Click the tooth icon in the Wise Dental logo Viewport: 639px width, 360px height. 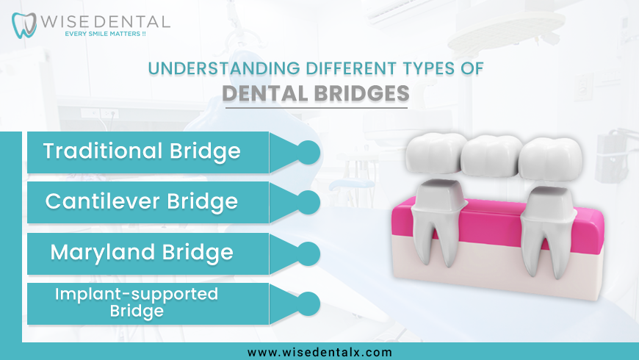pos(24,25)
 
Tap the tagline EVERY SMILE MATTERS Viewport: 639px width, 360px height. pos(105,34)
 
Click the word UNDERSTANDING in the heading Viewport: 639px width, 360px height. pos(224,68)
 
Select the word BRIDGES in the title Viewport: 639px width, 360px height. pos(361,93)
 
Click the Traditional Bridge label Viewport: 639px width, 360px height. pos(142,151)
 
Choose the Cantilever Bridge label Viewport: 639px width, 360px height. pos(142,201)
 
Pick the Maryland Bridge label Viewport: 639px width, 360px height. pos(142,252)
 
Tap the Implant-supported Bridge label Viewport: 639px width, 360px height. pos(137,302)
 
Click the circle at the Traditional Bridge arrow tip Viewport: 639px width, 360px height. pos(308,153)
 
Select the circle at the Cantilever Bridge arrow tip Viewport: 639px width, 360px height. pos(308,202)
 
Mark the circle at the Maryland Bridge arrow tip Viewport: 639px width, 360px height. pos(308,253)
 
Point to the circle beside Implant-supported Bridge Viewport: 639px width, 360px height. pos(308,303)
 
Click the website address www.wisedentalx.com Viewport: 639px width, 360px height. pos(319,352)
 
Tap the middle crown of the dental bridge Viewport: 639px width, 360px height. pos(491,156)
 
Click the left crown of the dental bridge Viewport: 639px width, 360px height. pos(436,153)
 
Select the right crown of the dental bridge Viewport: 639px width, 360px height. pos(550,159)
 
